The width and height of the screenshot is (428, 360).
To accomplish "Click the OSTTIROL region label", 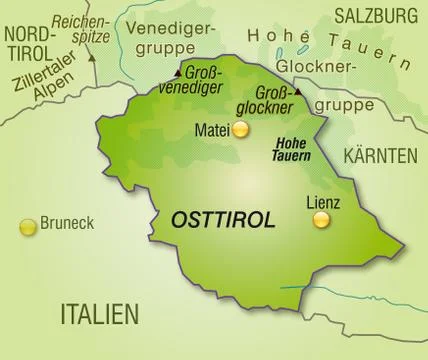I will click(223, 220).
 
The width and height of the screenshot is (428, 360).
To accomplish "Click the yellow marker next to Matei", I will click(240, 129).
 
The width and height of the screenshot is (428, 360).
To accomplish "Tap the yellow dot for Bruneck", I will click(28, 226).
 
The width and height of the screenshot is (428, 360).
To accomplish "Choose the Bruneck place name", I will click(67, 224).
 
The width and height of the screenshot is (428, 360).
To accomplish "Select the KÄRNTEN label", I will click(379, 156).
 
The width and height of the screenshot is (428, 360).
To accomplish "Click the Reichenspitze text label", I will click(80, 27).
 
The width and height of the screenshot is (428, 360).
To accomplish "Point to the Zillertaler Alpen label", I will click(42, 79).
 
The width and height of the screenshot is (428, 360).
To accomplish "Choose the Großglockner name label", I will click(265, 99).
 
